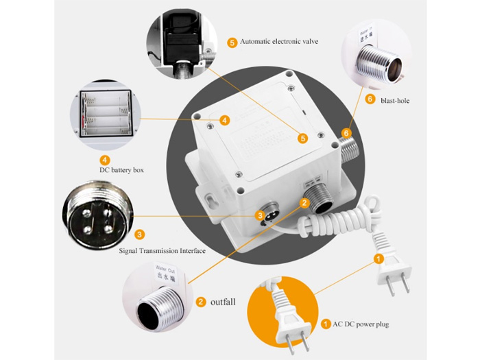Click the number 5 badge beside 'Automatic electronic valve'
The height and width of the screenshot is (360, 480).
232,43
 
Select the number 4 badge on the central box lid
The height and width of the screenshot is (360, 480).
225,120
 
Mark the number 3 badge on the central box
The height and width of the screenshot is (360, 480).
260,216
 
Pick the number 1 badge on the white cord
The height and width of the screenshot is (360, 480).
378,259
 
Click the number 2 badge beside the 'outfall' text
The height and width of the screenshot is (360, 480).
200,301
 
